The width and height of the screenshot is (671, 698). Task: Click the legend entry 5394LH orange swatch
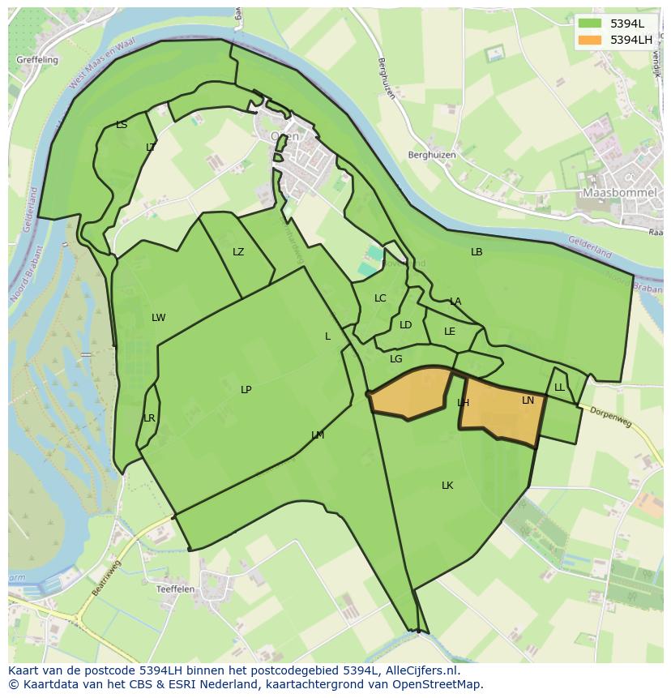tap(590, 40)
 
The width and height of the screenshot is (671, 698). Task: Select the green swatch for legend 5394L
tap(590, 24)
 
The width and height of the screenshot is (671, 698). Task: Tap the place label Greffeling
tap(37, 60)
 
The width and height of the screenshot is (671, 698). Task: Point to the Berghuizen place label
tap(432, 155)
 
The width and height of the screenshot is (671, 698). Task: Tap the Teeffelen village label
tap(176, 589)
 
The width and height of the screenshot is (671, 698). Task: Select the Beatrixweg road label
tap(106, 578)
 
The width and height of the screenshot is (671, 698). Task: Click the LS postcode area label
tap(122, 125)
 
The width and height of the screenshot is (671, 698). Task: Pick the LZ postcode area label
tap(238, 252)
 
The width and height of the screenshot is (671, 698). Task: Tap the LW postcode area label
tap(159, 318)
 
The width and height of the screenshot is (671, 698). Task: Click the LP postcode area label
tap(246, 390)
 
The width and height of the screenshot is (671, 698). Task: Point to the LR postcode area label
tap(149, 418)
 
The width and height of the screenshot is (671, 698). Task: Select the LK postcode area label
tap(447, 486)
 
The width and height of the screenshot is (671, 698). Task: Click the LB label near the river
tap(477, 252)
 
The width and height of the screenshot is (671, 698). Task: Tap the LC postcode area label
tap(380, 298)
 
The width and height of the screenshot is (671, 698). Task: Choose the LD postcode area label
tap(406, 325)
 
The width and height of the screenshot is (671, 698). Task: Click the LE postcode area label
tap(450, 332)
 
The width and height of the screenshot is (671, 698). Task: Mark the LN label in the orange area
tap(528, 400)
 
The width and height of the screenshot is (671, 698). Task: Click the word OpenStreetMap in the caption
tap(437, 684)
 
